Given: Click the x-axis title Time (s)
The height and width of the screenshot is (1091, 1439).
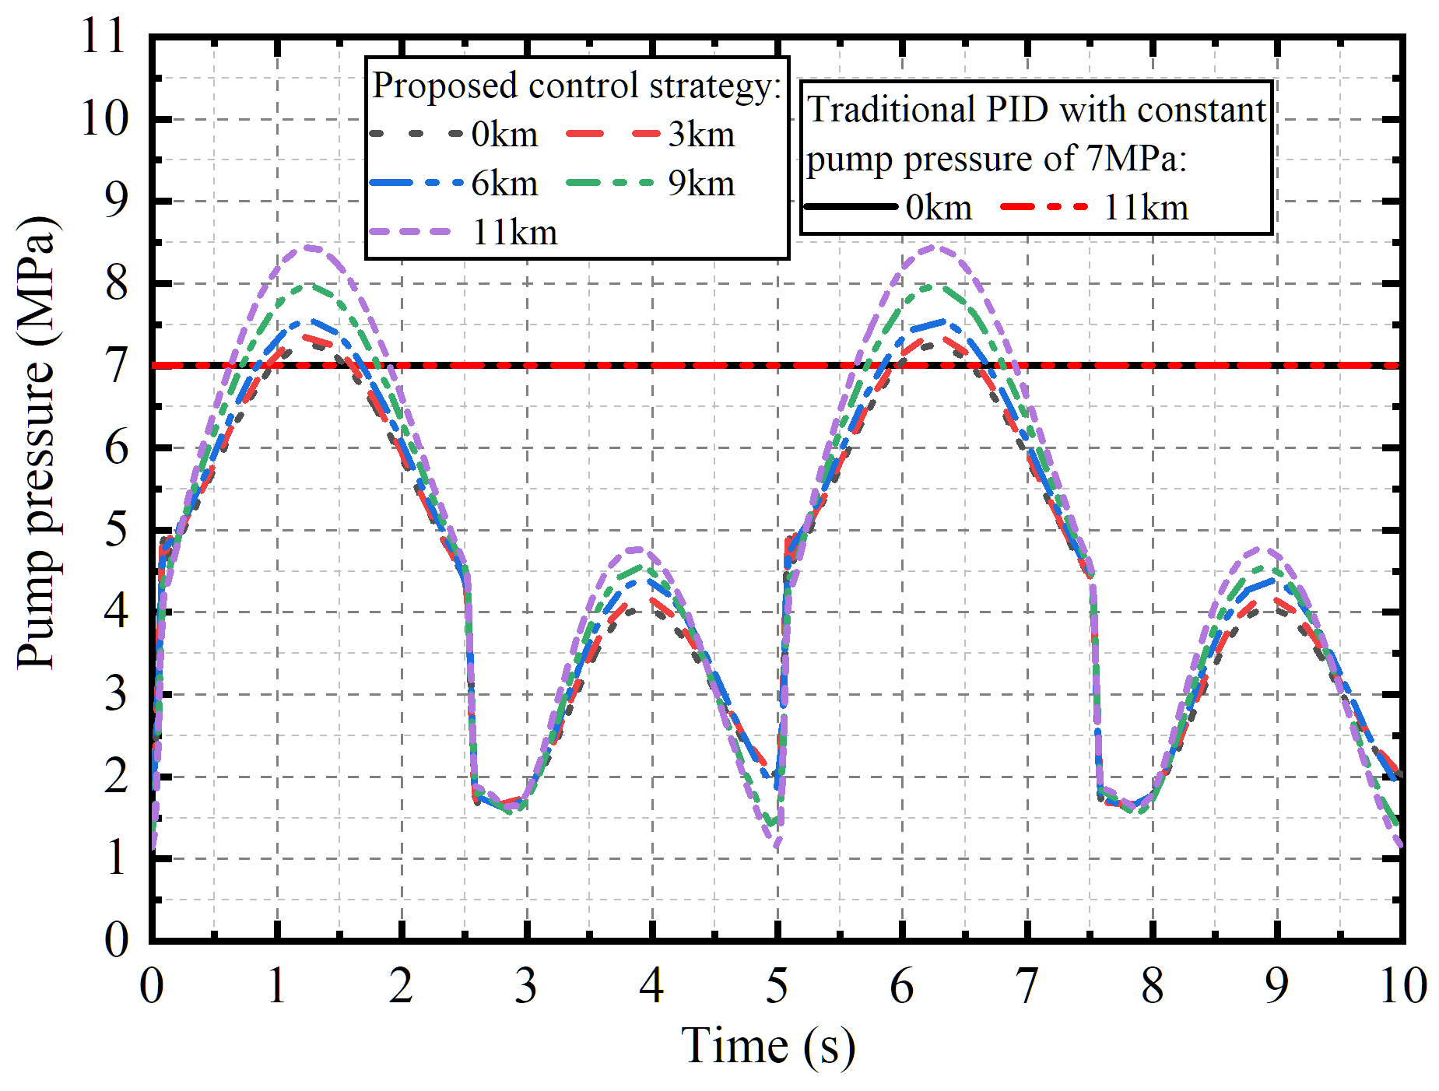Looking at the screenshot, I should (767, 1045).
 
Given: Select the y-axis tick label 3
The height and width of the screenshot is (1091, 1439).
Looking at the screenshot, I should (116, 694).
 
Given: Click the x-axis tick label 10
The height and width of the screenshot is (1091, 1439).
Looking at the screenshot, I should (1402, 986).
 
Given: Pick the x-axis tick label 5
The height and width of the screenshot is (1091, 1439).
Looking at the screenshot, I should (777, 986).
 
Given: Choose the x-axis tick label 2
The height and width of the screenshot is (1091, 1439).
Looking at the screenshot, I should (401, 986).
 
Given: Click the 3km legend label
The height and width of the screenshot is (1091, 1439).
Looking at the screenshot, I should (701, 135).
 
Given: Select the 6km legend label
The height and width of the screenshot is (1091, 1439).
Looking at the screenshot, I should (504, 184).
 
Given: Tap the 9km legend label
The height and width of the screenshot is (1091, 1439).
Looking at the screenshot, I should (701, 184).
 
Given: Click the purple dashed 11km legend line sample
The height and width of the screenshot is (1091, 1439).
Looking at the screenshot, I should (410, 232).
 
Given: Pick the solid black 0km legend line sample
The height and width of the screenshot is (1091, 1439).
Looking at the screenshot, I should (850, 207).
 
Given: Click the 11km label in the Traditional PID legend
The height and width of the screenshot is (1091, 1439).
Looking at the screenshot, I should (1146, 208).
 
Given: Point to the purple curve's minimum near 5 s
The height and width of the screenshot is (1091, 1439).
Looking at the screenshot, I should (777, 845).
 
